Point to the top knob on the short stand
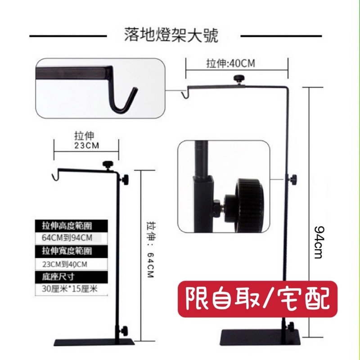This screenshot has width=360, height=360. [x=108, y=164]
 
